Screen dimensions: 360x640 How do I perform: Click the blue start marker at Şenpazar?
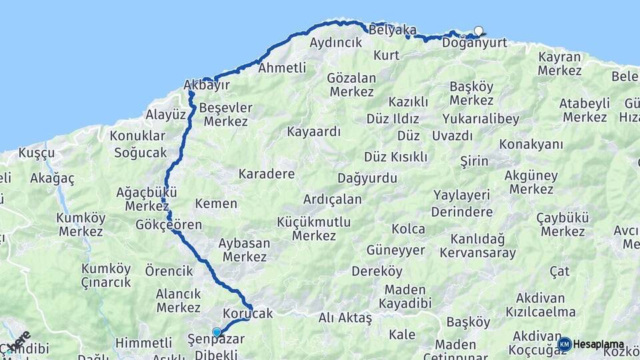216,332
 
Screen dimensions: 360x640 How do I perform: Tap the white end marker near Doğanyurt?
478,30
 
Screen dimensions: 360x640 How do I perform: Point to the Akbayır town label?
207,85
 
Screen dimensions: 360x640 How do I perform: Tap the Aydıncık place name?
336,43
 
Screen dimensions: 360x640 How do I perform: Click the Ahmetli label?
282,67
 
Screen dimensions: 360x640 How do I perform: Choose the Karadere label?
267,174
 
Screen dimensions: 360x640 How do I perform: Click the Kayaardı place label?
314,131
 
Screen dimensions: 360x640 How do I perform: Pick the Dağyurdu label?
367,178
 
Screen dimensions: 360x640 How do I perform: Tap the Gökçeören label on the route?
169,225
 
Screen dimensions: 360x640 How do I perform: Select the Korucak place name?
248,313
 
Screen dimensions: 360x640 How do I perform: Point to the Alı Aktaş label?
345,319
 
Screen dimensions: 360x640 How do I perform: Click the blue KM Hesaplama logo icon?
565,344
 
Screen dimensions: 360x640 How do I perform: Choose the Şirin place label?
474,161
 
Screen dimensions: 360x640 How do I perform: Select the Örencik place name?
169,271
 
